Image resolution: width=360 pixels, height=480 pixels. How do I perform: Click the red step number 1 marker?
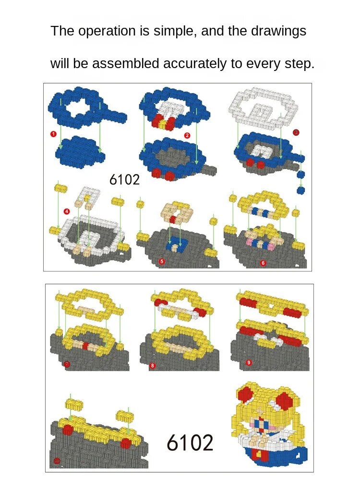[53, 134]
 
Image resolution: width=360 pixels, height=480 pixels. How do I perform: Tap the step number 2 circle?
[187, 135]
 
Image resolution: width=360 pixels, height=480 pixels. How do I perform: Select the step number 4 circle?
[67, 211]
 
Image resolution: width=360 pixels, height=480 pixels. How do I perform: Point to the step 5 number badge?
[162, 261]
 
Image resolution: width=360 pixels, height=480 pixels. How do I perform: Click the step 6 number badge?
[263, 263]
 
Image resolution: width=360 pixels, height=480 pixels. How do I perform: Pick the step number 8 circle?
[152, 365]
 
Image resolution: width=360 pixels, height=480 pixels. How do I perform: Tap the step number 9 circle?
[249, 363]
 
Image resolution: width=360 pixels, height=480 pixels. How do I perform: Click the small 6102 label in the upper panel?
[124, 180]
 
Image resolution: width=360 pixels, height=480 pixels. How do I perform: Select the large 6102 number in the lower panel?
[190, 443]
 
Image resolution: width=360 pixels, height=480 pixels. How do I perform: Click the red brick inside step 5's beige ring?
[173, 219]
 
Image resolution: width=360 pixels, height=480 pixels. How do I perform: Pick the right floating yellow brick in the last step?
[125, 415]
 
